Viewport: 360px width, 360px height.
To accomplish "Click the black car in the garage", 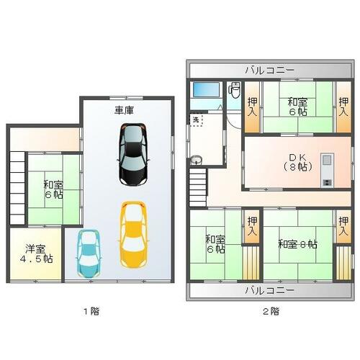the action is click(x=133, y=155).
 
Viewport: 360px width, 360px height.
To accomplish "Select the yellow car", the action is click(x=133, y=235).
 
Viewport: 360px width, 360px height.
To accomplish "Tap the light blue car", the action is click(x=89, y=253).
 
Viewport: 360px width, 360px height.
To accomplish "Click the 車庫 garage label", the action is click(x=124, y=110).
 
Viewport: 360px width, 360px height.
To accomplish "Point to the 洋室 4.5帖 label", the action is click(x=36, y=254).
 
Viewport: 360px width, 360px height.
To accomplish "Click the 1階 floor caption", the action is click(x=91, y=311).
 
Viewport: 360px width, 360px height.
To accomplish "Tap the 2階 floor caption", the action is click(x=271, y=311).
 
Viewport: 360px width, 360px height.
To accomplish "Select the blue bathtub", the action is click(x=207, y=90).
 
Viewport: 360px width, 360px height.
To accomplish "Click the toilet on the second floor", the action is click(x=235, y=90).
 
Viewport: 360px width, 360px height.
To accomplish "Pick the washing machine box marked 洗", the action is click(x=197, y=120).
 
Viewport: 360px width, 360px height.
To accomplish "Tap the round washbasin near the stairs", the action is click(x=197, y=160).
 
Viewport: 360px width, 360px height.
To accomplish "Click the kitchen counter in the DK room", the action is click(x=327, y=170).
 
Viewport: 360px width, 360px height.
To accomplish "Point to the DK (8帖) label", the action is click(x=297, y=162).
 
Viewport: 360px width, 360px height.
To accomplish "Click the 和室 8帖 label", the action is click(x=297, y=244).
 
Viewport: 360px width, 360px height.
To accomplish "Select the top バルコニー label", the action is click(x=269, y=71).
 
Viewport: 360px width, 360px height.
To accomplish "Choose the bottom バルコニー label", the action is click(x=269, y=291).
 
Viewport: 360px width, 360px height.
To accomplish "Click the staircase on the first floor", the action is click(x=17, y=188).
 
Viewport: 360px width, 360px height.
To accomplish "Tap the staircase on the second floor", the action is click(x=198, y=187).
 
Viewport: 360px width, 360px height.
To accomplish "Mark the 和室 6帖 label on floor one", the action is click(x=53, y=189).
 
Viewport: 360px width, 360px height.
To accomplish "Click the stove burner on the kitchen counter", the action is click(x=327, y=182).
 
